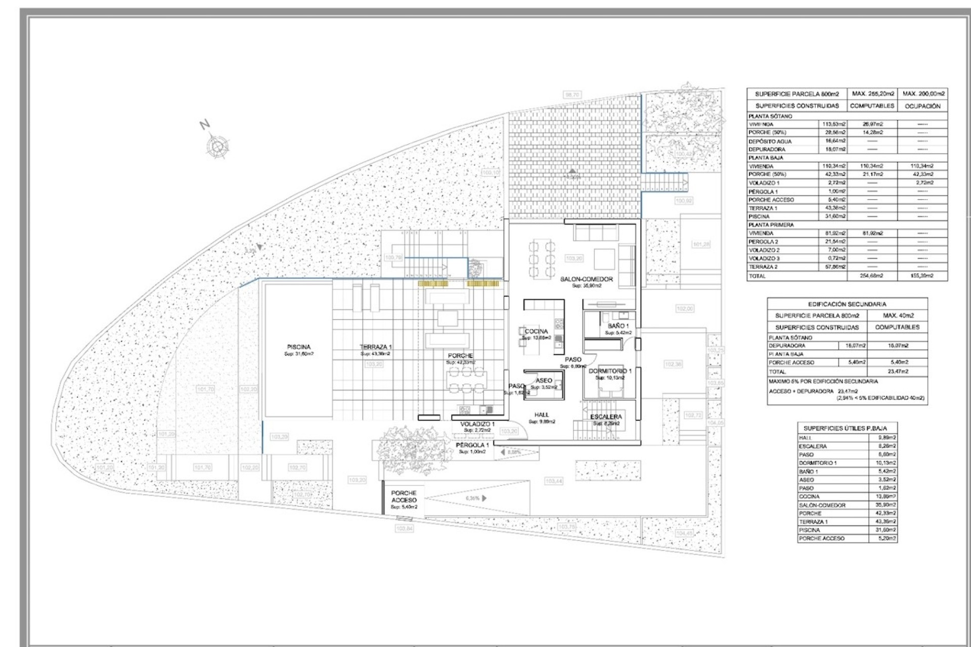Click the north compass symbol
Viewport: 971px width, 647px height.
[x=217, y=146]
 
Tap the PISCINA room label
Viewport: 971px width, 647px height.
[x=299, y=347]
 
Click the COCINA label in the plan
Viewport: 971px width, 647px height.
[x=536, y=332]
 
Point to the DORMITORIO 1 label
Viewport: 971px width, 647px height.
[x=610, y=371]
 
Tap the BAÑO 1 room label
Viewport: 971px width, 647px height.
[x=618, y=326]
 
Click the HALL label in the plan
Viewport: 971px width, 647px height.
[x=542, y=414]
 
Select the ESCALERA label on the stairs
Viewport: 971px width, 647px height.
[x=606, y=417]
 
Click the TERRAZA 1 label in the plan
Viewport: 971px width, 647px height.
[x=376, y=347]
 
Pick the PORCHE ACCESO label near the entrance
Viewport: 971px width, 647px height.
[x=404, y=496]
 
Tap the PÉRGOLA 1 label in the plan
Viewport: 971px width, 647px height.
[x=472, y=445]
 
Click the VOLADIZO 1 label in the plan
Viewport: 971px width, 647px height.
[x=477, y=424]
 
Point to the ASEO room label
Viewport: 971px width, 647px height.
[x=544, y=381]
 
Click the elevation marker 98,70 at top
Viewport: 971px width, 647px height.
[x=572, y=95]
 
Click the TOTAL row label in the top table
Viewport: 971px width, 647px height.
[x=757, y=276]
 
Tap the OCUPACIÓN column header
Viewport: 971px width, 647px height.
[x=922, y=106]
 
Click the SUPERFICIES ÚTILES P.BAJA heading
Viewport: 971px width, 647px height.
[x=845, y=428]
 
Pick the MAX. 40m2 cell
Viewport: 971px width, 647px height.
[x=897, y=315]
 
